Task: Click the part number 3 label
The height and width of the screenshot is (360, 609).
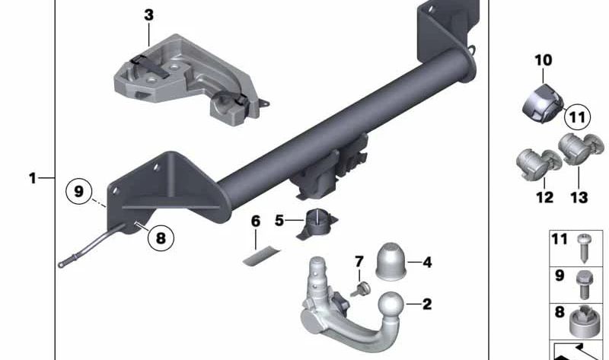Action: (148, 14)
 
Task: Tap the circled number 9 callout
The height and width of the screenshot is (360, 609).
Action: (78, 190)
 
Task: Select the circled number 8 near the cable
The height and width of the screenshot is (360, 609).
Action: (160, 238)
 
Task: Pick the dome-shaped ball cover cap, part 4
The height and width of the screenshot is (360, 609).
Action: (394, 263)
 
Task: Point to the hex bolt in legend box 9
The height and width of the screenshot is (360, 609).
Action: (584, 283)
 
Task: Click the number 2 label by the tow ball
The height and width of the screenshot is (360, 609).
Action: (426, 305)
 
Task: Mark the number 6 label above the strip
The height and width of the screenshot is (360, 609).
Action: (255, 221)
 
